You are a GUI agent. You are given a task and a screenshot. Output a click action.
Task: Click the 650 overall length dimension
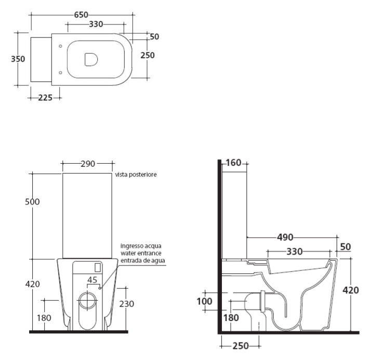pyautogui.click(x=81, y=15)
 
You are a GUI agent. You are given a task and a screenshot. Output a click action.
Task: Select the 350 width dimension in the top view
pyautogui.click(x=18, y=59)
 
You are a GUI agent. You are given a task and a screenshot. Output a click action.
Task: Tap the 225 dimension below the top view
pyautogui.click(x=45, y=98)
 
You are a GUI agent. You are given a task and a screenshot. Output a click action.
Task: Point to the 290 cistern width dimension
pyautogui.click(x=88, y=164)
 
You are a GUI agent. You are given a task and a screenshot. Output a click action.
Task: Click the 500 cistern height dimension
pyautogui.click(x=32, y=202)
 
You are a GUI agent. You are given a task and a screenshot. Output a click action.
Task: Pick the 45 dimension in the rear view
pyautogui.click(x=92, y=280)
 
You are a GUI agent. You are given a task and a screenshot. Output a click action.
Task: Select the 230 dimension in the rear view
pyautogui.click(x=126, y=304)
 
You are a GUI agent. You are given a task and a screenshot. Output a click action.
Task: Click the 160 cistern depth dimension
pyautogui.click(x=233, y=163)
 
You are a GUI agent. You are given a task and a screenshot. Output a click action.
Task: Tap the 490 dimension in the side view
pyautogui.click(x=285, y=237)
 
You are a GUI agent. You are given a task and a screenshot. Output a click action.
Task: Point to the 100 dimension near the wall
pyautogui.click(x=204, y=301)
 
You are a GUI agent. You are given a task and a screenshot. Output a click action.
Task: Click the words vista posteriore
pyautogui.click(x=136, y=175)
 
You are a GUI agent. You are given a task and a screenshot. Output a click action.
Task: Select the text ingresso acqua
pyautogui.click(x=141, y=246)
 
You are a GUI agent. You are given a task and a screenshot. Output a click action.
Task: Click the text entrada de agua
pyautogui.click(x=143, y=261)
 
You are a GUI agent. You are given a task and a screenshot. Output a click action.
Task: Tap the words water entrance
pyautogui.click(x=141, y=253)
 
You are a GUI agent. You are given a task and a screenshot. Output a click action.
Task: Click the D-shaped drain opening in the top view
pyautogui.click(x=91, y=59)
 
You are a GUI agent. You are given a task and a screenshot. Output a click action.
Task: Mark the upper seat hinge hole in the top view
pyautogui.click(x=60, y=46)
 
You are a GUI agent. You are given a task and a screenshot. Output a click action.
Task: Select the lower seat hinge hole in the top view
pyautogui.click(x=60, y=73)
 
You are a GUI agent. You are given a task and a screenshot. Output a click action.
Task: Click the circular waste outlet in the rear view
pyautogui.click(x=88, y=301)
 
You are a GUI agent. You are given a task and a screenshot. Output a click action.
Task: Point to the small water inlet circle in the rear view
pyautogui.click(x=100, y=288)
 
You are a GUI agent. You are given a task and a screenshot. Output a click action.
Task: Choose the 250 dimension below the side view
pyautogui.click(x=241, y=346)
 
